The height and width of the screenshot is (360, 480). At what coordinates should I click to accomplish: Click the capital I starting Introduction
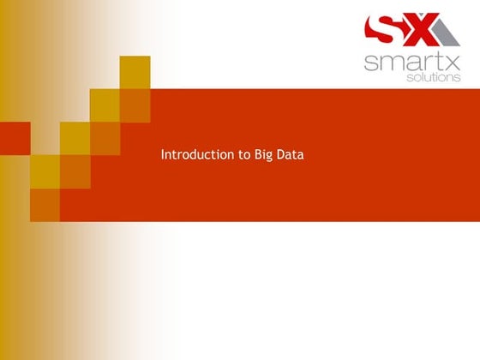[163, 155]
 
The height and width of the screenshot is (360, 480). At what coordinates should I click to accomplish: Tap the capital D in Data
[282, 155]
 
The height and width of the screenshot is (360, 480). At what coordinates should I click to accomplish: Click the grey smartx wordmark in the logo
[411, 62]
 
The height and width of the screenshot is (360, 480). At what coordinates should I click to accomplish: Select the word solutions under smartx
[433, 77]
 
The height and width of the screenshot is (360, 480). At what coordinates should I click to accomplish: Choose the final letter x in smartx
[452, 62]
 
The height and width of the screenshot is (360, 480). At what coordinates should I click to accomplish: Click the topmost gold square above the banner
[135, 72]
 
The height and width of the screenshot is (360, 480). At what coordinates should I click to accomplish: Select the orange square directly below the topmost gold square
[135, 105]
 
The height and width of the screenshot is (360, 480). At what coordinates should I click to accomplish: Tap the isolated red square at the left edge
[15, 138]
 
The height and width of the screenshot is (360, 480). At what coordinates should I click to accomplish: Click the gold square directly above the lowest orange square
[45, 171]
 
